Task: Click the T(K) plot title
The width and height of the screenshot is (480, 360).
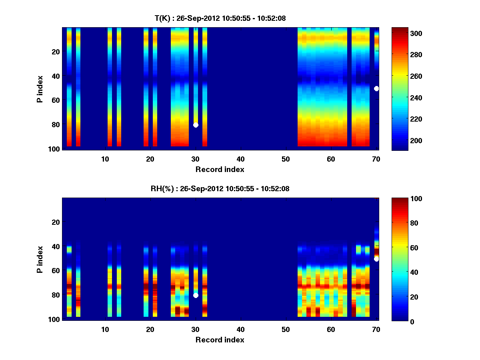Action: tap(220, 18)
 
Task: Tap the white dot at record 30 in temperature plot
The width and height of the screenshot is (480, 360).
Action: tap(196, 125)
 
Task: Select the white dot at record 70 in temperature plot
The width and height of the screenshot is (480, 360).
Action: tap(376, 88)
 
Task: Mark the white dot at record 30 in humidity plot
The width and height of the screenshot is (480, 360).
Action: tap(196, 295)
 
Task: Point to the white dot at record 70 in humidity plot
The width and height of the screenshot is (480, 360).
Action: tap(376, 259)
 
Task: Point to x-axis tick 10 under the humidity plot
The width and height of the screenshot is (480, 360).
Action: tap(105, 329)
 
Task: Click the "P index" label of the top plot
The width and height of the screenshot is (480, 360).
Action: tap(40, 88)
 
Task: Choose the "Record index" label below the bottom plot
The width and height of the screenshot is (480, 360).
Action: tap(220, 340)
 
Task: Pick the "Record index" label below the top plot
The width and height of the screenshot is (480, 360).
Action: tap(220, 169)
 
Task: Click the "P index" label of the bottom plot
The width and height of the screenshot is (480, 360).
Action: tap(40, 259)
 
